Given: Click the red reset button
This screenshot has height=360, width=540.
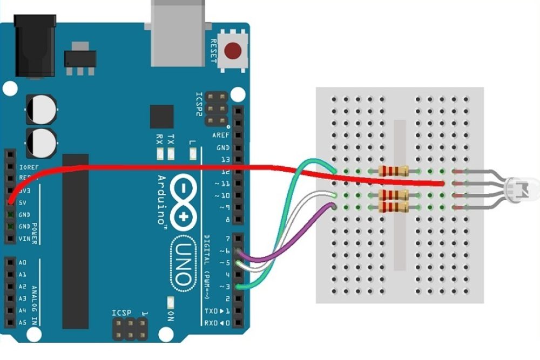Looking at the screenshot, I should tap(233, 51).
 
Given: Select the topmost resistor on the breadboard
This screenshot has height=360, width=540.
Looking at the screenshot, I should tap(393, 172).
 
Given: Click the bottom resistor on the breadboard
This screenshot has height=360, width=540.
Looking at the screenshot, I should tap(393, 207).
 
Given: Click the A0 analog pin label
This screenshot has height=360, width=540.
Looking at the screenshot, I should tap(22, 263).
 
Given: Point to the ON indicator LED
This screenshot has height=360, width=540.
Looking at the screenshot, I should tap(170, 302).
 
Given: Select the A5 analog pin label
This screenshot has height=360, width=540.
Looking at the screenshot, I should tap(22, 322).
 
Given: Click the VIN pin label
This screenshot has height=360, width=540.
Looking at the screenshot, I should tap(24, 238).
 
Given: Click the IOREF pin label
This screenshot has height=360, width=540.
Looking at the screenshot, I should tap(28, 167).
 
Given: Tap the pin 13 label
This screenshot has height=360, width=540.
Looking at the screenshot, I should tap(225, 159).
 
